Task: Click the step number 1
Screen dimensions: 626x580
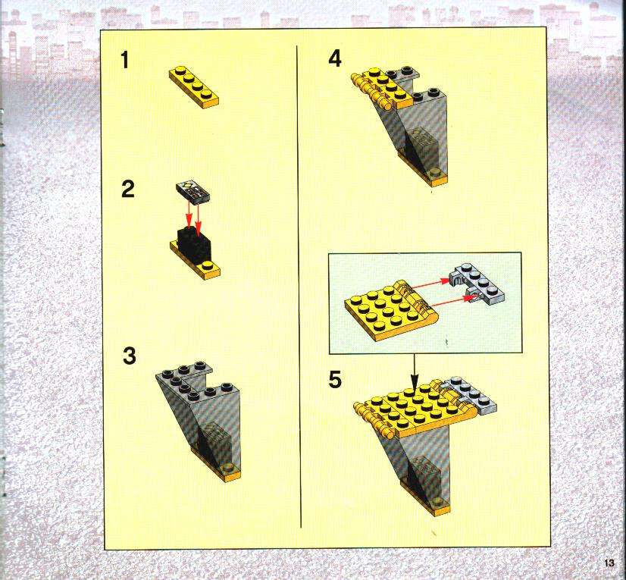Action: point(125,61)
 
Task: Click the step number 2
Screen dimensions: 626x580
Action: point(128,189)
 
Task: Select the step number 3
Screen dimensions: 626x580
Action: point(130,356)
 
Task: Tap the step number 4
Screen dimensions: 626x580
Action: point(335,59)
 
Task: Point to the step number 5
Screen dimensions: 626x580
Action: point(335,380)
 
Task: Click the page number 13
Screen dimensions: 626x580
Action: point(609,563)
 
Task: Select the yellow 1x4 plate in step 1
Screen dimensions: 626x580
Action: point(194,87)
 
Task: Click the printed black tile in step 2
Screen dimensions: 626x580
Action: point(192,192)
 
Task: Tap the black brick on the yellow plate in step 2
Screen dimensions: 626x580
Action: point(194,243)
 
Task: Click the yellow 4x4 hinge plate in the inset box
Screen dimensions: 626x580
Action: point(391,309)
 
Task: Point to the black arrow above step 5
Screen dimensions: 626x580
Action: point(415,370)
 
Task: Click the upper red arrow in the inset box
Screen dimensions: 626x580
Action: point(430,284)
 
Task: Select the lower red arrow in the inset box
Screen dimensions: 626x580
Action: point(451,301)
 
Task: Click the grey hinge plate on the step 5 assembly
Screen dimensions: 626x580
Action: point(468,394)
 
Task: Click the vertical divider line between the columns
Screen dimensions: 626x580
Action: point(299,287)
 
